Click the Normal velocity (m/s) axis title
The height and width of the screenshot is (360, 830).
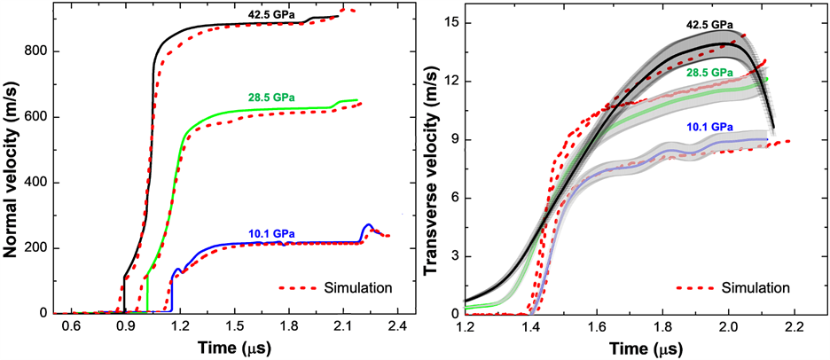tap(12, 160)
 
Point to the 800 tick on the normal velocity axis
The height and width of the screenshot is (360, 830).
tap(35, 51)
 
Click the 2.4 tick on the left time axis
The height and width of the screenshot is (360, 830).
tap(396, 325)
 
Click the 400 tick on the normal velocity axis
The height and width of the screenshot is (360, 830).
tap(35, 183)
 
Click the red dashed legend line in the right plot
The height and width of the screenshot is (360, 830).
tap(695, 288)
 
